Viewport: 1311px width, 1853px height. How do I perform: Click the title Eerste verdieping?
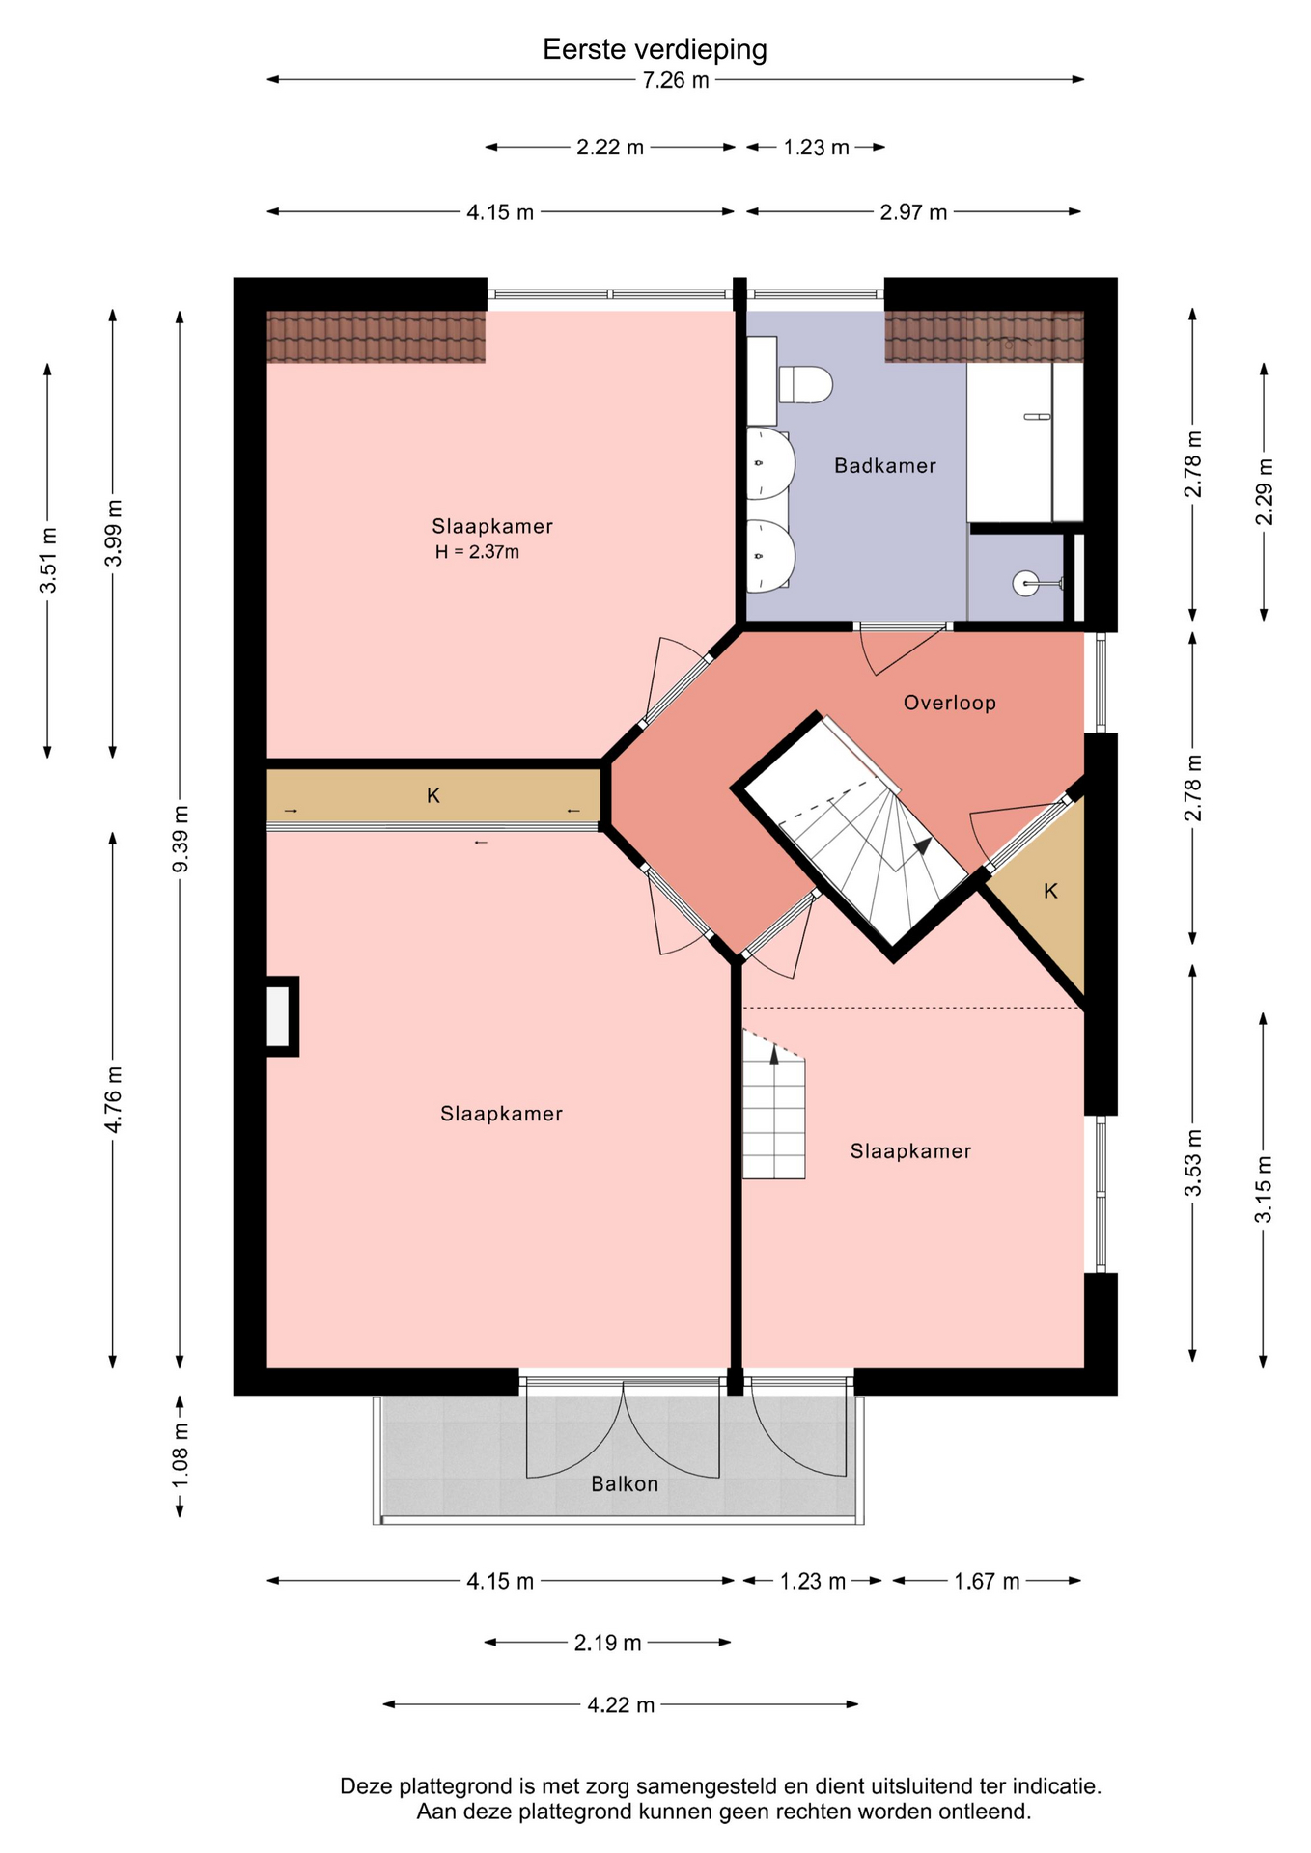pos(655,49)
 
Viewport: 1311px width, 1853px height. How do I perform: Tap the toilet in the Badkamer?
pos(804,385)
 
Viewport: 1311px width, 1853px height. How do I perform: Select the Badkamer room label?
pos(885,466)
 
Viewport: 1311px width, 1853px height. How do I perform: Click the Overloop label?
pos(949,704)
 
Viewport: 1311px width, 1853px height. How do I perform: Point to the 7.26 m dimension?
pos(676,80)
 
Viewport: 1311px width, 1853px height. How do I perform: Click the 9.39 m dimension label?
pos(181,838)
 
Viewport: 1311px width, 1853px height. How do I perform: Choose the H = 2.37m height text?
pos(477,553)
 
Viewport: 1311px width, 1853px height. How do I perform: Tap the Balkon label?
pos(625,1484)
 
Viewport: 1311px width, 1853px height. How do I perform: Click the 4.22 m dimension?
pos(621,1705)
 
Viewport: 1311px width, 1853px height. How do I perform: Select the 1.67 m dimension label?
pos(987,1581)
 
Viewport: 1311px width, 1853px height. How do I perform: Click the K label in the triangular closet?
pos(1050,891)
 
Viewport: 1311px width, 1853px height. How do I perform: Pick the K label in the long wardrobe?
pos(433,796)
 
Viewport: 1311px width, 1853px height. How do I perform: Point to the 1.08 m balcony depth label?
pos(181,1455)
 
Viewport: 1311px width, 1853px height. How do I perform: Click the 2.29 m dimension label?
pos(1264,491)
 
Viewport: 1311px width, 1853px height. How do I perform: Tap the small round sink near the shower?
pos(1026,583)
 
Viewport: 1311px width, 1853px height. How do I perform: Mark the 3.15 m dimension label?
pos(1264,1189)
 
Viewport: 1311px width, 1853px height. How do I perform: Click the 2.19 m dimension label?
pos(607,1643)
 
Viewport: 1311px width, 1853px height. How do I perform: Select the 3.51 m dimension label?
pos(47,561)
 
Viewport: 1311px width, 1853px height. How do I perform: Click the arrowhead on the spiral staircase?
pos(922,846)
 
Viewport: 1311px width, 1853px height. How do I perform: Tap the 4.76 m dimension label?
pos(114,1099)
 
